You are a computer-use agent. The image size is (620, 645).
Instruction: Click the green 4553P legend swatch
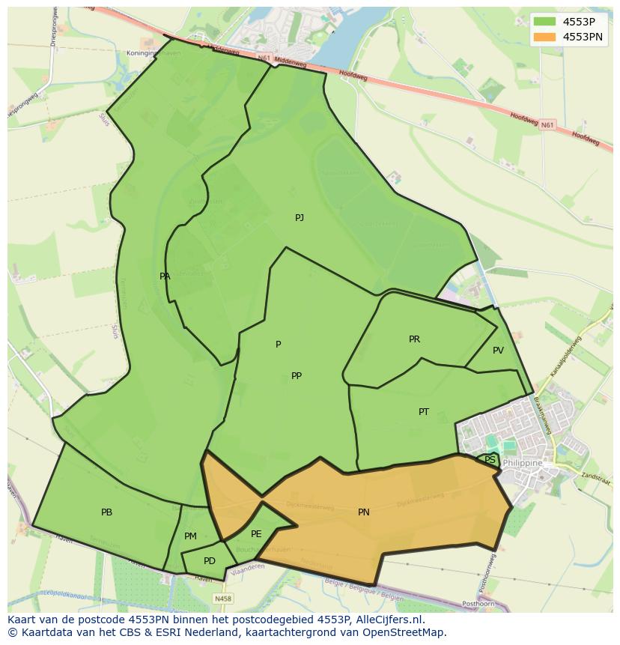coord(544,22)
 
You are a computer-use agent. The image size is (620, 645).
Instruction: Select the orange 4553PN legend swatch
coord(544,37)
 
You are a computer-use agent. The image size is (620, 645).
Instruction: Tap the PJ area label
coord(300,218)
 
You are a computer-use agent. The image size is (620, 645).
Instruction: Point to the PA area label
coord(165,276)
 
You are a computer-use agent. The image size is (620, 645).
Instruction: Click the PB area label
coord(106,512)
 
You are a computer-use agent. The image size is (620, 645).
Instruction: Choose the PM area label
coord(190,536)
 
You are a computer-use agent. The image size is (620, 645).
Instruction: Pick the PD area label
coord(210,561)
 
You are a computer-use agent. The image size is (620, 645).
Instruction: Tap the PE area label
coord(256,534)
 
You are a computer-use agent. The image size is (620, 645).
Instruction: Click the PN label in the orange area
coord(363,512)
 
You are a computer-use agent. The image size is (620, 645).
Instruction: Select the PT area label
coord(424,412)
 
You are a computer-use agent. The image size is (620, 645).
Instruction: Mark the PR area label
coord(414,339)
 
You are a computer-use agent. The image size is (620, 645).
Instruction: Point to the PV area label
coord(498,351)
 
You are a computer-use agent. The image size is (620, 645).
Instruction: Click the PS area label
coord(490,460)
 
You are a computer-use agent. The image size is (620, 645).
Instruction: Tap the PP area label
coord(297,376)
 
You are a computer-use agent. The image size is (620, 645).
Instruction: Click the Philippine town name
coord(523,464)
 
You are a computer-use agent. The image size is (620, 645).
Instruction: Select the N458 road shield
coord(222,599)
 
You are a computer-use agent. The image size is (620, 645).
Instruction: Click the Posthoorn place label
coord(478,603)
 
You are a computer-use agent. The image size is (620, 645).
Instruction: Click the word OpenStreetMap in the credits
coord(407,632)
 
